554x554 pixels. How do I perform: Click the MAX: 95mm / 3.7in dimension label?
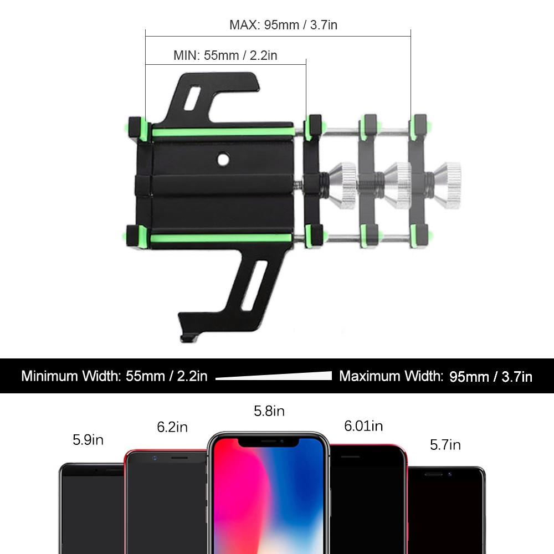283,25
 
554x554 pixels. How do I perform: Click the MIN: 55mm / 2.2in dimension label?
225,55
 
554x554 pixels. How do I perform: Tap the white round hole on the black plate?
223,160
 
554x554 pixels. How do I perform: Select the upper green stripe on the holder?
223,132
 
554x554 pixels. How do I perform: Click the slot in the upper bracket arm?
192,98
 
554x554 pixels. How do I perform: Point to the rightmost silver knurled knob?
447,186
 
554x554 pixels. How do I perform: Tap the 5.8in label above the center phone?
269,411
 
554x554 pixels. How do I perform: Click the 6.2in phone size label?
172,427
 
